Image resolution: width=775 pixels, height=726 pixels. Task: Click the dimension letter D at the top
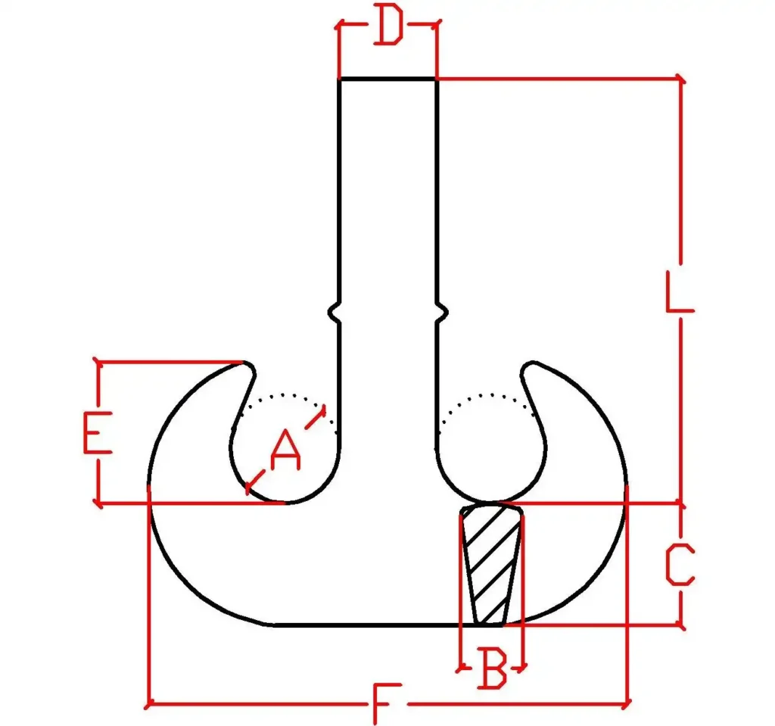388,24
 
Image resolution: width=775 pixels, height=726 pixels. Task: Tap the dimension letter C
680,564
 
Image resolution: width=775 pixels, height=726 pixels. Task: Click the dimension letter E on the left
98,432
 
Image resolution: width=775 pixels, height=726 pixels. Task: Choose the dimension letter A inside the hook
285,450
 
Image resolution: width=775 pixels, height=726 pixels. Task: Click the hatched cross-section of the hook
491,563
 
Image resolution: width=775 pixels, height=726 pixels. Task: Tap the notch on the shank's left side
335,312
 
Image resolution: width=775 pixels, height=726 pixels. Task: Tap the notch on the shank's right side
441,312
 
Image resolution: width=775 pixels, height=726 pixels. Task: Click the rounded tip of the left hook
247,367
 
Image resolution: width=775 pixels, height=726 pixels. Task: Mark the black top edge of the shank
387,79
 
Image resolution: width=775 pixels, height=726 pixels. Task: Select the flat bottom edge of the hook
388,625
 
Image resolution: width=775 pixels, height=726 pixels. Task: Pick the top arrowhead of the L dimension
680,79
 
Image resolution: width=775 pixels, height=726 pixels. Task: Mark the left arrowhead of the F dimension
149,703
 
